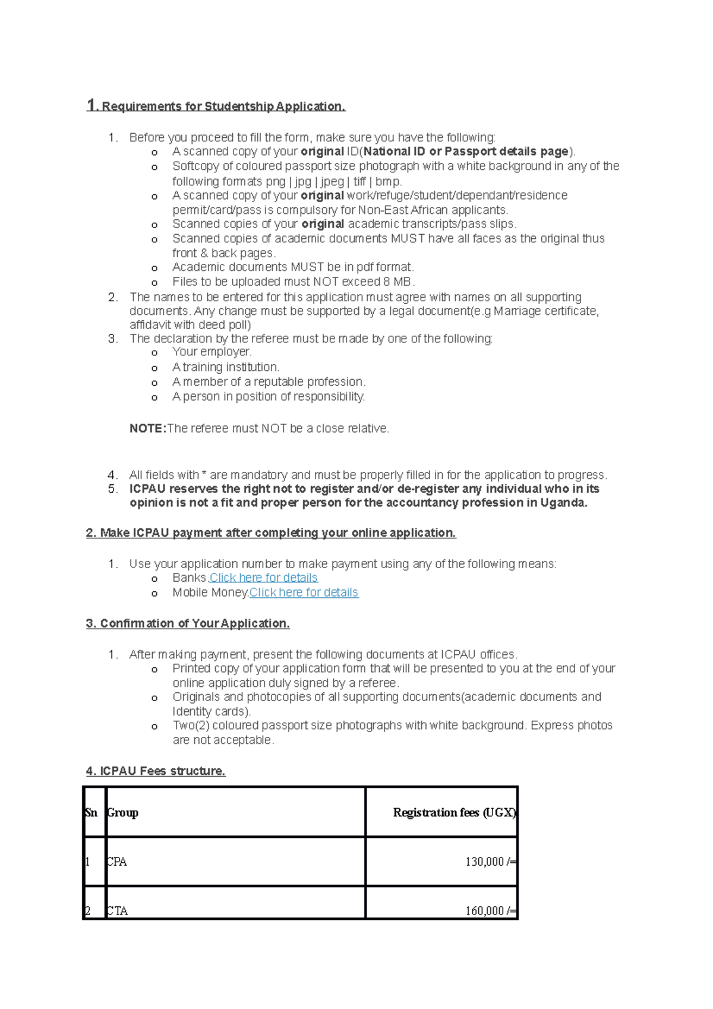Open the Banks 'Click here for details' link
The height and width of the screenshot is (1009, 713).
coord(263,578)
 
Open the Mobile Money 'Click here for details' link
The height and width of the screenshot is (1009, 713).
coord(304,592)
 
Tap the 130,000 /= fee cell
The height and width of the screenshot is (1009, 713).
coord(490,862)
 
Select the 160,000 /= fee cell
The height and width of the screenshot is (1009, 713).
coord(490,910)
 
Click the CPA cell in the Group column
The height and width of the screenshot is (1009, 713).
coord(116,862)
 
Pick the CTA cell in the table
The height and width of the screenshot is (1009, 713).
coord(117,910)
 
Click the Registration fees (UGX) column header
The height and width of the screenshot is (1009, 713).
coord(454,812)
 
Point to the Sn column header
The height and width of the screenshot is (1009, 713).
coord(91,812)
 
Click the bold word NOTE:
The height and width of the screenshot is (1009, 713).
coord(147,428)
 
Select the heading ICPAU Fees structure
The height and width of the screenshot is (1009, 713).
coord(156,771)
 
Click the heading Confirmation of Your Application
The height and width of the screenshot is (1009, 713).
coord(188,623)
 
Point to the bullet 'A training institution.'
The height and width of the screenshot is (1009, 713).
coord(226,367)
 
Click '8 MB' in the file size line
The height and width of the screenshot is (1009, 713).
coord(399,282)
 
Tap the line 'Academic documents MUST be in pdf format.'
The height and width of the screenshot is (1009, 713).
coord(293,267)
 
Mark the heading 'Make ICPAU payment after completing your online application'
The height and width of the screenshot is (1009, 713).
coord(271,533)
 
